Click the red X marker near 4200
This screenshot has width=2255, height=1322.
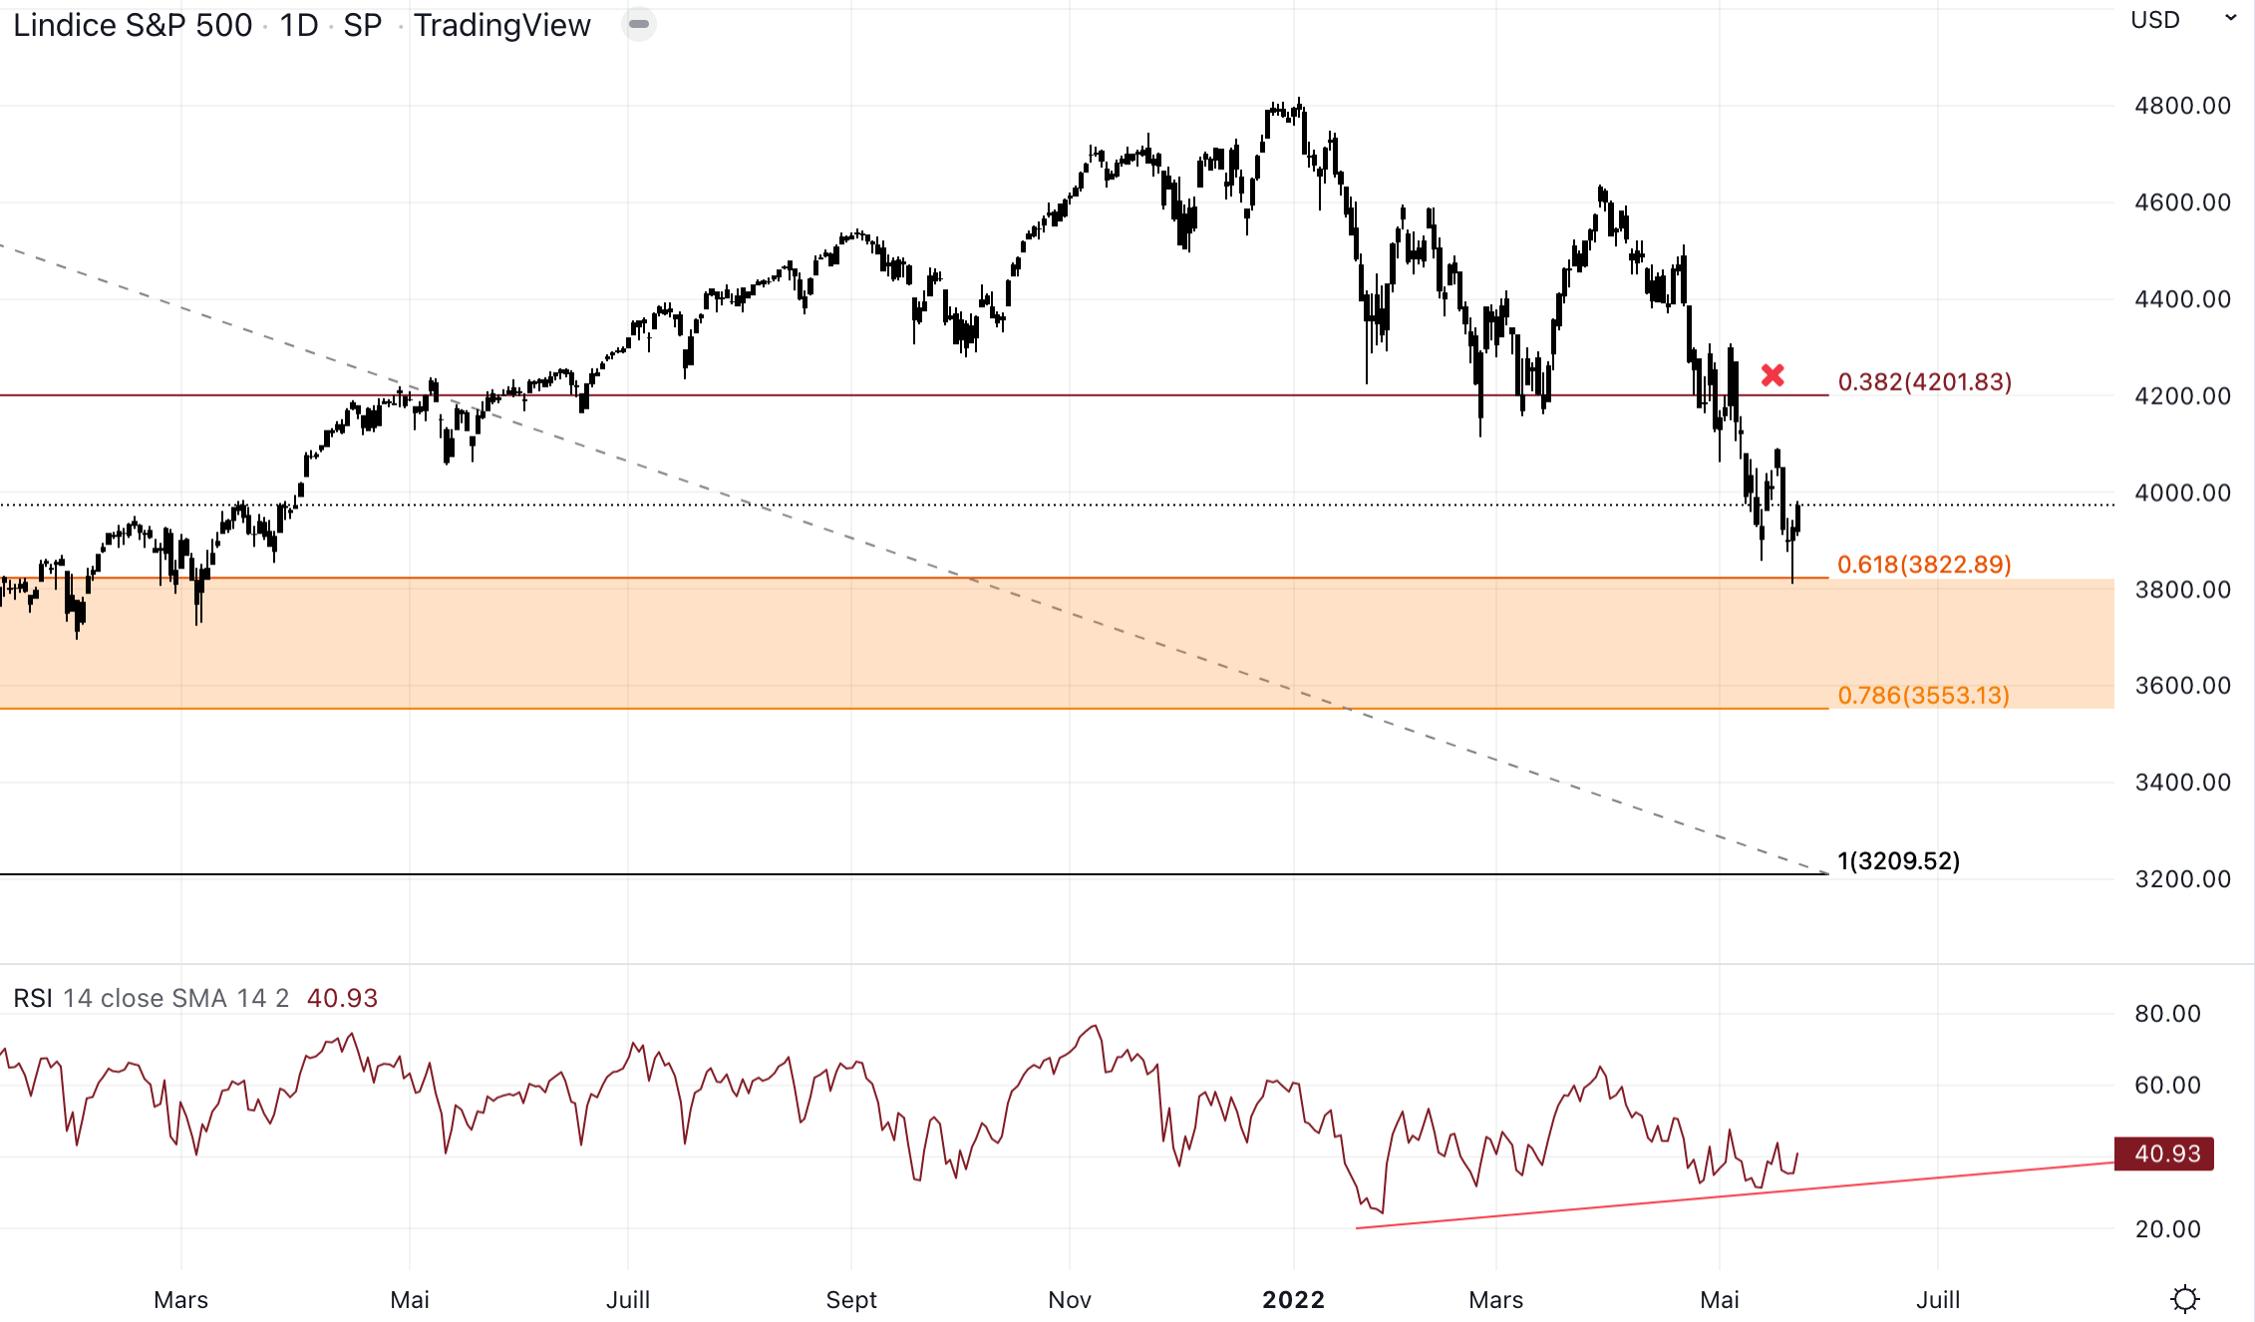pyautogui.click(x=1772, y=375)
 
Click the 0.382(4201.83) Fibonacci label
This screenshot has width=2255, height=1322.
pyautogui.click(x=1924, y=382)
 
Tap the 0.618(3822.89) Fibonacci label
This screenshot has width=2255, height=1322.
pyautogui.click(x=1924, y=564)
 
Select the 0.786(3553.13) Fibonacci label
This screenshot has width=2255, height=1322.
pyautogui.click(x=1923, y=695)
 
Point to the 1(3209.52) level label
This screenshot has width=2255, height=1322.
pyautogui.click(x=1898, y=860)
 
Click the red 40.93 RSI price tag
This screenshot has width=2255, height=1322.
pyautogui.click(x=2164, y=1154)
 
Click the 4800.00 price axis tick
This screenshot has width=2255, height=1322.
pyautogui.click(x=2182, y=106)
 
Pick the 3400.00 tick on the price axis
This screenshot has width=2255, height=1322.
pyautogui.click(x=2182, y=782)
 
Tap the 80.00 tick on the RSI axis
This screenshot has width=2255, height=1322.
pyautogui.click(x=2167, y=1014)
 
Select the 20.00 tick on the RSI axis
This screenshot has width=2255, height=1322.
pyautogui.click(x=2167, y=1229)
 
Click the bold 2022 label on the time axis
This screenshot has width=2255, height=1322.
pyautogui.click(x=1293, y=1299)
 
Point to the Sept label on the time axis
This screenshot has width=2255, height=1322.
pyautogui.click(x=851, y=1299)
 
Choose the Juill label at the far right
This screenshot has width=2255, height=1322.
pyautogui.click(x=1938, y=1299)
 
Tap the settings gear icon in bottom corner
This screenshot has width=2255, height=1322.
pyautogui.click(x=2185, y=1299)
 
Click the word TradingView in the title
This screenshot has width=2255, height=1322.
pyautogui.click(x=501, y=25)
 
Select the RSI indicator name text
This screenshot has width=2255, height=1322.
pyautogui.click(x=33, y=998)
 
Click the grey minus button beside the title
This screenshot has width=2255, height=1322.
pyautogui.click(x=639, y=24)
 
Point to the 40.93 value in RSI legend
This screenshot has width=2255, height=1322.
pyautogui.click(x=342, y=998)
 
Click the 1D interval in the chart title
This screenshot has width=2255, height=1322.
pyautogui.click(x=298, y=25)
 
